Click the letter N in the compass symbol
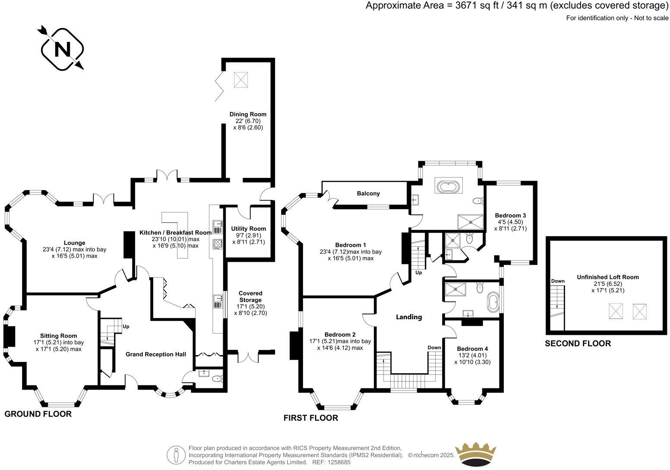tap(62, 49)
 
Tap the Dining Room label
tap(248, 114)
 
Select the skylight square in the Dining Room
tap(240, 79)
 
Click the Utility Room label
tap(248, 229)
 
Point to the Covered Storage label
tap(250, 296)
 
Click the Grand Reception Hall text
tap(156, 354)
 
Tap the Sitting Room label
tap(59, 336)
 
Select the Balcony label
tap(368, 193)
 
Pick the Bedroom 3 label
tap(510, 215)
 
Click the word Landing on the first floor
tap(409, 317)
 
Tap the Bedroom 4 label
tap(472, 349)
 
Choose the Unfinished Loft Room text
tap(608, 277)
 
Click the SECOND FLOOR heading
tap(578, 343)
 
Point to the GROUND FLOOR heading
tap(38, 414)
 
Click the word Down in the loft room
tap(558, 281)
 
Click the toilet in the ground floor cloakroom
tap(218, 379)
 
